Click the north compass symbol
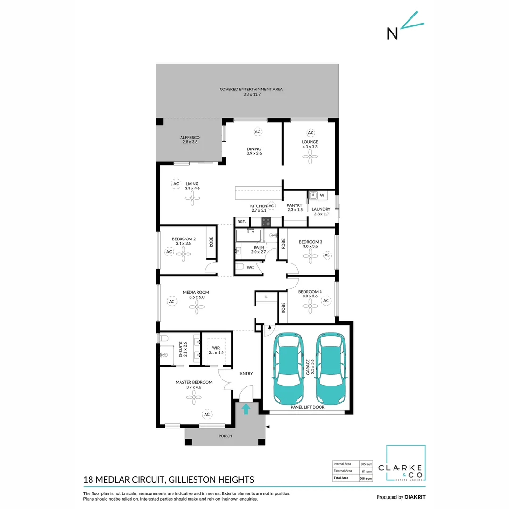pyautogui.click(x=405, y=26)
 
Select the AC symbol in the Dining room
pyautogui.click(x=257, y=132)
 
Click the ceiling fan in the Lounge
pyautogui.click(x=310, y=157)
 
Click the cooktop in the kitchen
pyautogui.click(x=266, y=222)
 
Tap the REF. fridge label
pyautogui.click(x=241, y=222)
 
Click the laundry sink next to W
pyautogui.click(x=313, y=196)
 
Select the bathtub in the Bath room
pyautogui.click(x=248, y=236)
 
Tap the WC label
pyautogui.click(x=250, y=268)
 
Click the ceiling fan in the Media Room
pyautogui.click(x=197, y=307)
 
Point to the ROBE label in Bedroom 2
pyautogui.click(x=211, y=242)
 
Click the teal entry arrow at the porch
pyautogui.click(x=246, y=409)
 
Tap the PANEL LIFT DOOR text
pyautogui.click(x=307, y=407)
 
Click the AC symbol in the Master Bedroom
pyautogui.click(x=207, y=415)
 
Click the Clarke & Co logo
pyautogui.click(x=402, y=463)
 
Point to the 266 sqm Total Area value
pyautogui.click(x=366, y=478)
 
